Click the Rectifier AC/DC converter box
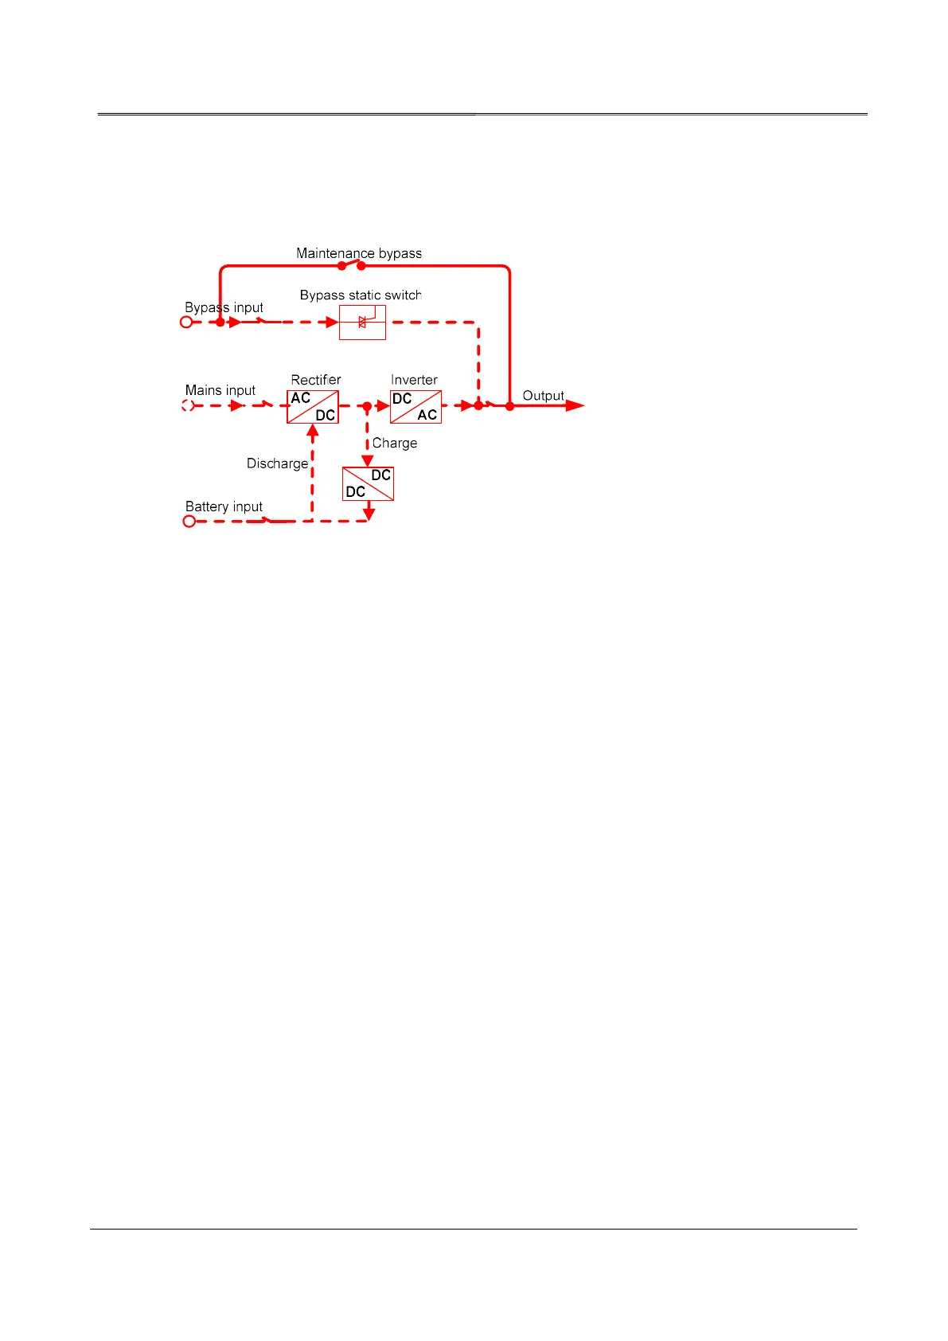(313, 406)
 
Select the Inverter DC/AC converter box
(415, 406)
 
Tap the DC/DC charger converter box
(368, 483)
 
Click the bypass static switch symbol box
(362, 323)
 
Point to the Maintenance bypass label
(359, 253)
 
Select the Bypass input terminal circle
(186, 323)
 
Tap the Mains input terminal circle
(188, 405)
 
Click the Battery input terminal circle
(189, 522)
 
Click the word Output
(543, 396)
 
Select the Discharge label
(277, 463)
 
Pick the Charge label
(395, 444)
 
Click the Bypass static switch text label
(361, 295)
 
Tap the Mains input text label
(220, 390)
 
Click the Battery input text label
(224, 506)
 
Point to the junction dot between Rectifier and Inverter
(367, 406)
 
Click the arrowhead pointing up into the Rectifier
(313, 432)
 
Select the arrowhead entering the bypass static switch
(332, 323)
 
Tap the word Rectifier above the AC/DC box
(316, 380)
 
